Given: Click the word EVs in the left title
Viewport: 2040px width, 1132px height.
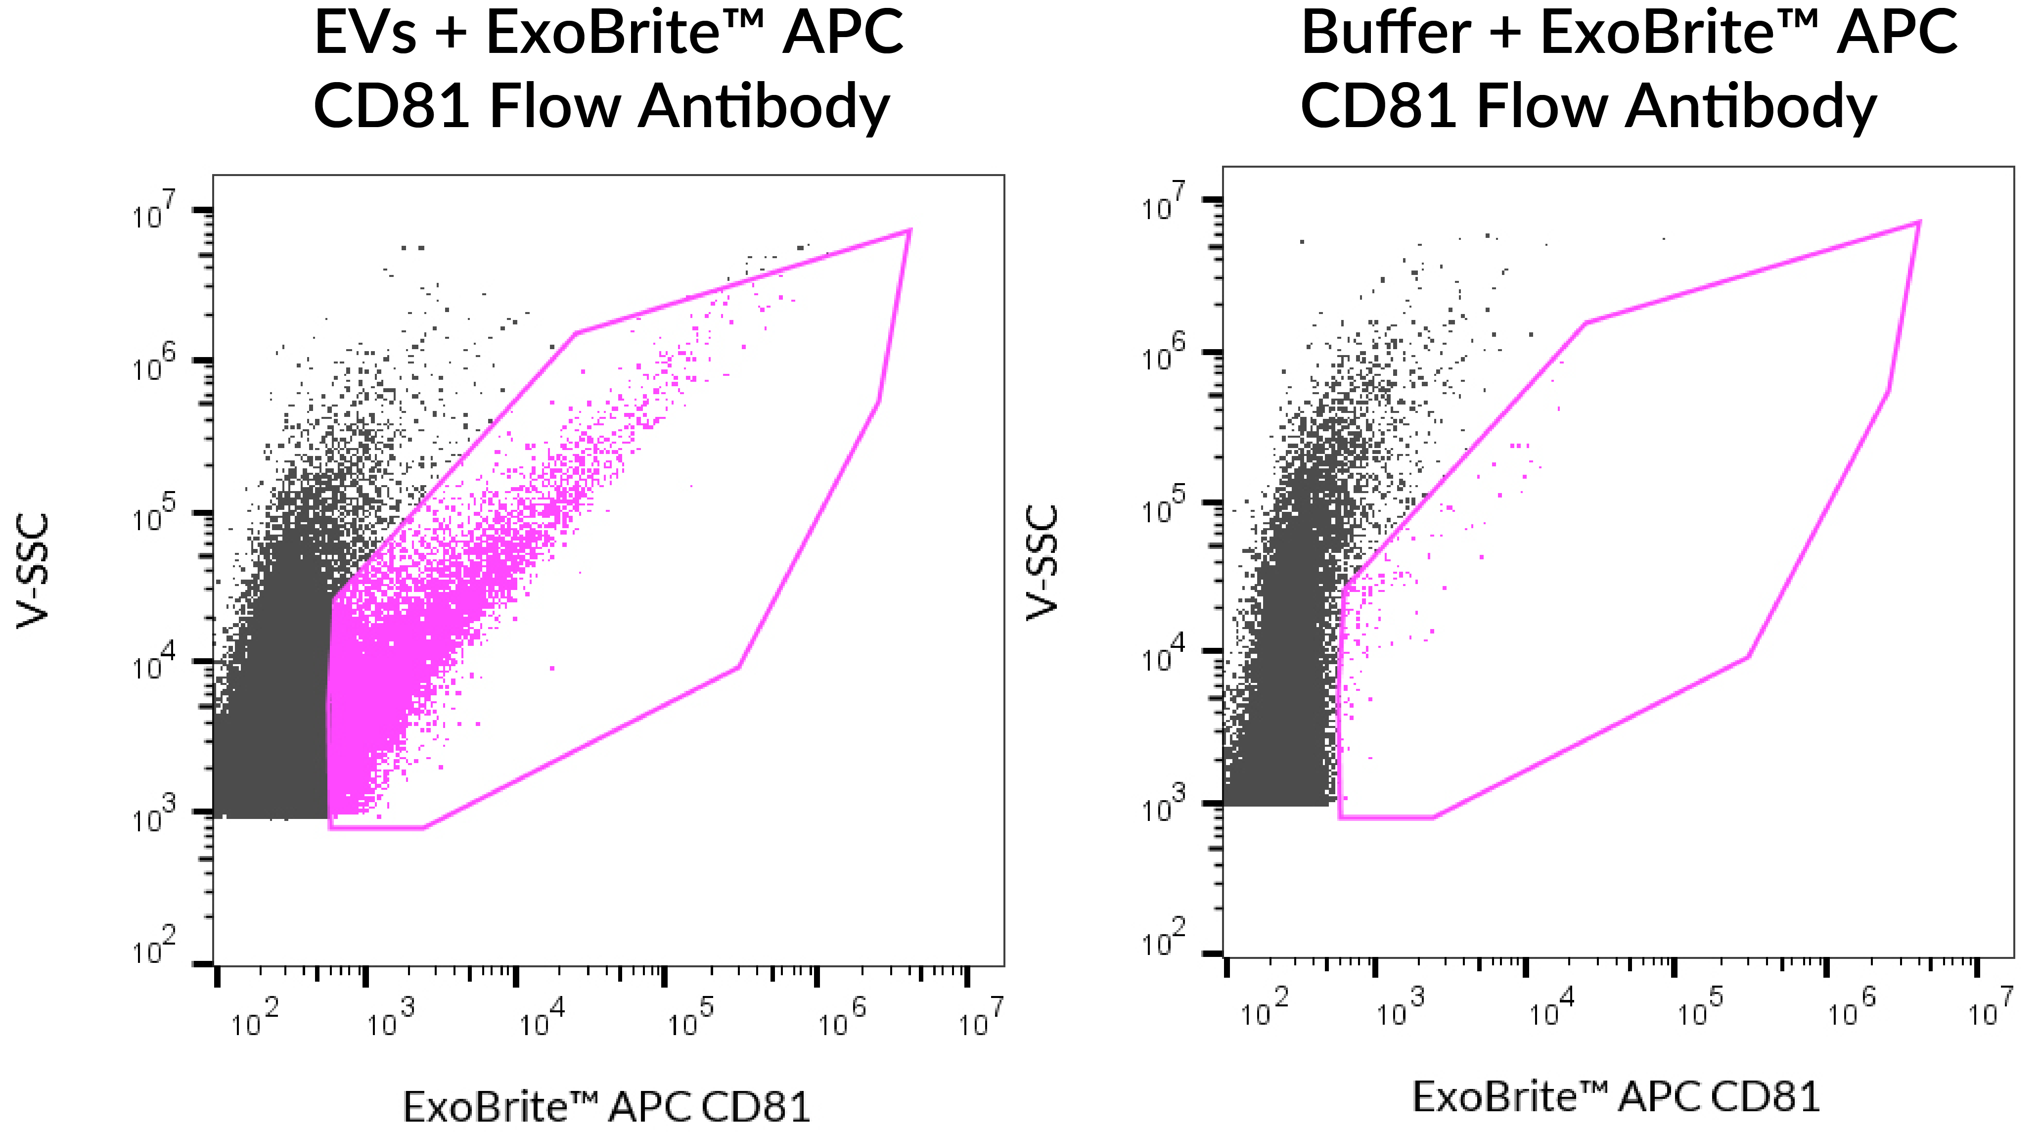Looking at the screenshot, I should [x=365, y=33].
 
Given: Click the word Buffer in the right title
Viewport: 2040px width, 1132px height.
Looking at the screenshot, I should [x=1386, y=33].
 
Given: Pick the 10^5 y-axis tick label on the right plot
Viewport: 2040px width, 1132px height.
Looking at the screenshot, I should [x=1163, y=506].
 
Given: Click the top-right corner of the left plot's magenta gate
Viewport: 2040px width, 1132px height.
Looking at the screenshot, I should [x=910, y=230].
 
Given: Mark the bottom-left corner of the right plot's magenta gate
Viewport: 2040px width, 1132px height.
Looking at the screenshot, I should [x=1340, y=816].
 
